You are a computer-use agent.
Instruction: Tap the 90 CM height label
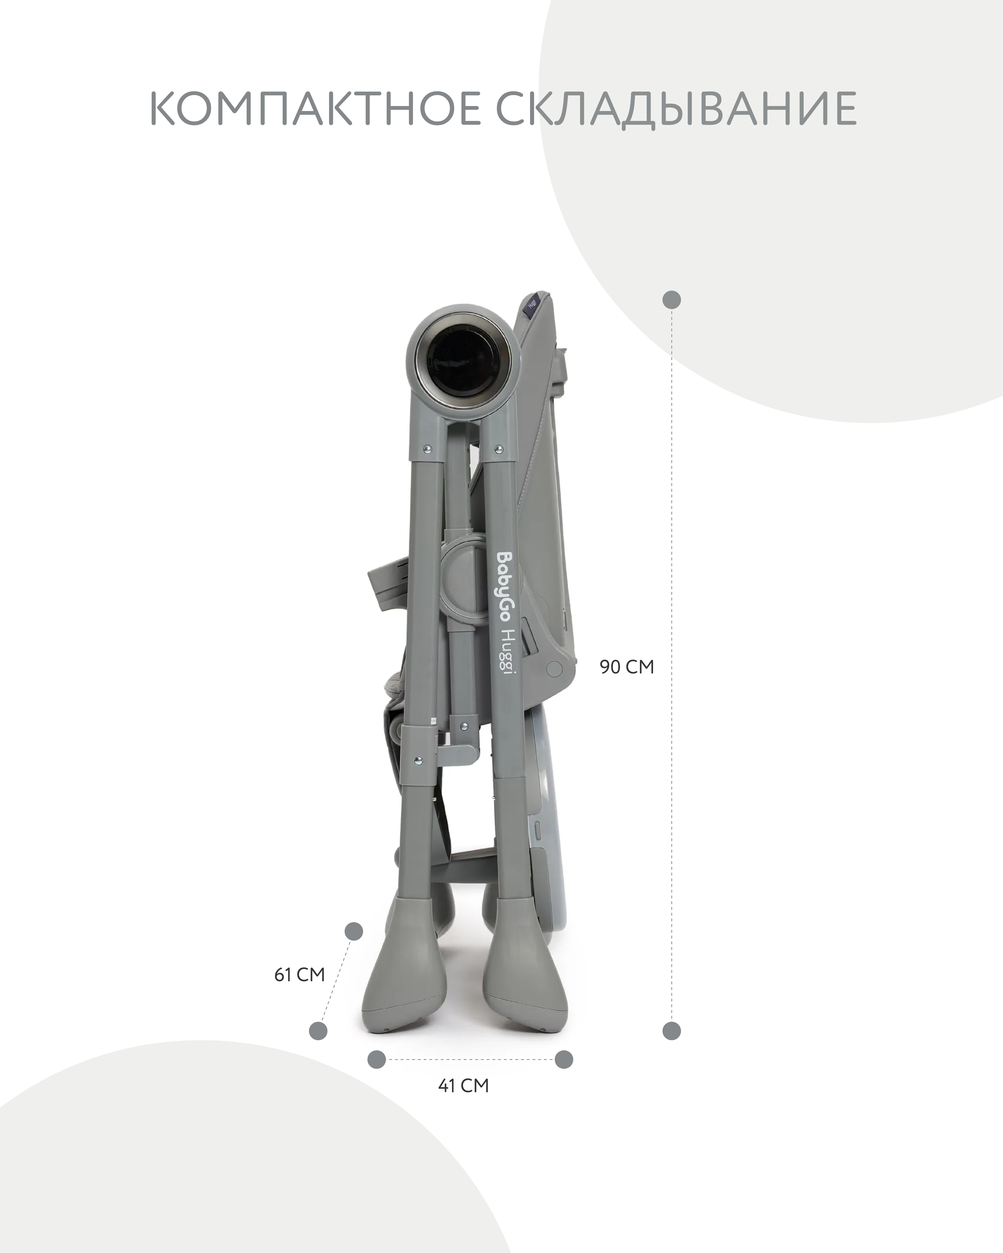[627, 667]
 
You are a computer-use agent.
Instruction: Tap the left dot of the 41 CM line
[377, 1059]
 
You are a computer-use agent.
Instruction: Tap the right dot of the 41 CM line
[563, 1059]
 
